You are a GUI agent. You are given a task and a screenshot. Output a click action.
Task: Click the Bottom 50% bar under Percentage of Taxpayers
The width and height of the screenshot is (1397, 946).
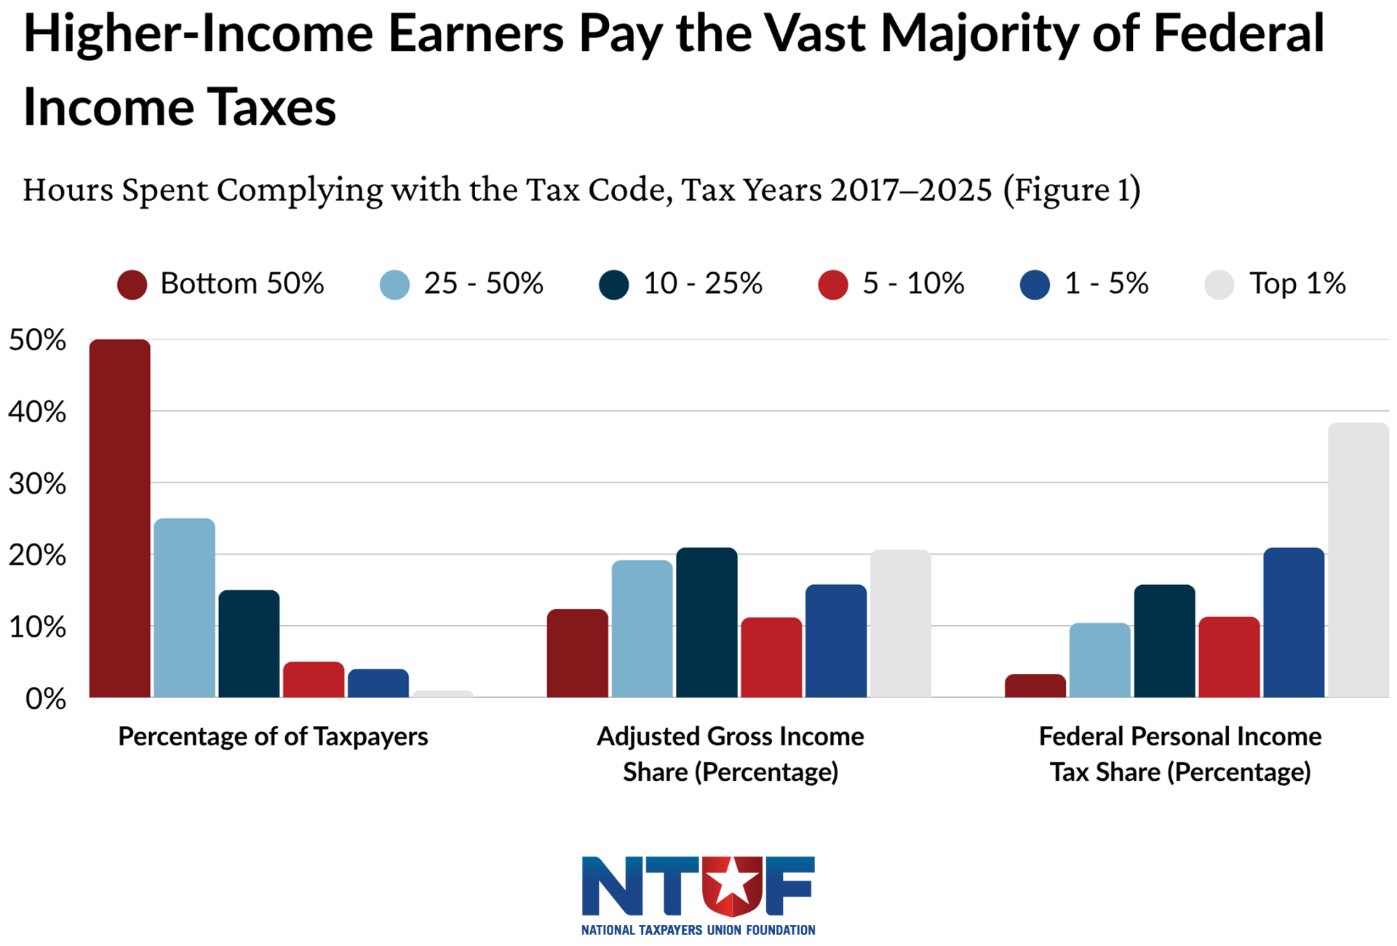point(120,518)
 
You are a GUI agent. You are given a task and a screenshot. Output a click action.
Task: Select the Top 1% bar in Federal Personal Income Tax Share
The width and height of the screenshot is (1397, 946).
point(1358,560)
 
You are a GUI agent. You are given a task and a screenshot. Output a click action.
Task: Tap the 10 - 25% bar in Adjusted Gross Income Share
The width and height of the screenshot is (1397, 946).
point(707,622)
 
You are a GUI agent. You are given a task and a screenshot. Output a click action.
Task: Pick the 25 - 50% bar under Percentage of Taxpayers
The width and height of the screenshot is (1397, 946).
point(185,608)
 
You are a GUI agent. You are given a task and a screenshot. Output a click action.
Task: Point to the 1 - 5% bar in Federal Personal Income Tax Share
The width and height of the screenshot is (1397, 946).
point(1294,622)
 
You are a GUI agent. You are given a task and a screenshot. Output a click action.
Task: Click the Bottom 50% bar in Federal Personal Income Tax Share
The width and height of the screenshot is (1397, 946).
point(1035,685)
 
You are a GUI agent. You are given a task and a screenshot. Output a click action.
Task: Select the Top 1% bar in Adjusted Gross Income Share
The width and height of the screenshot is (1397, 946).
point(901,624)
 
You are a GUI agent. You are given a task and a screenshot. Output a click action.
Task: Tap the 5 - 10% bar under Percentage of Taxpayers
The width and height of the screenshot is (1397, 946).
point(314,680)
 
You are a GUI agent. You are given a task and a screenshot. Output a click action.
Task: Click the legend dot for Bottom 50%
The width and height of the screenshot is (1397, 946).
point(132,285)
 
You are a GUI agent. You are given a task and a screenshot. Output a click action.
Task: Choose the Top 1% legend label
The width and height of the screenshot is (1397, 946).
point(1297,284)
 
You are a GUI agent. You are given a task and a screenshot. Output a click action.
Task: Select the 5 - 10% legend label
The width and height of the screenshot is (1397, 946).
point(913,284)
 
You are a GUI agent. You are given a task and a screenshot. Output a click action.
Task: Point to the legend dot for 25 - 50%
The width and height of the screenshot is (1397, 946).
point(395,285)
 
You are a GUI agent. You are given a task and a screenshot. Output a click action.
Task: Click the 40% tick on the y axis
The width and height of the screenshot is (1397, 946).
point(37,413)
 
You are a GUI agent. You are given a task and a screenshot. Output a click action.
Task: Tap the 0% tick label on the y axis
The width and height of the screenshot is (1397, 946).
point(45,699)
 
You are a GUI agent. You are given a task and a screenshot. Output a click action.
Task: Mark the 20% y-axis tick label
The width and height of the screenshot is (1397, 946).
point(37,556)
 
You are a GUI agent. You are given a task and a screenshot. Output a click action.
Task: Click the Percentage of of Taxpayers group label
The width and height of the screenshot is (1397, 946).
point(273,736)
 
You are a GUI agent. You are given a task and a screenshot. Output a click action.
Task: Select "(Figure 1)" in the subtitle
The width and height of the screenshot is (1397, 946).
point(1072,190)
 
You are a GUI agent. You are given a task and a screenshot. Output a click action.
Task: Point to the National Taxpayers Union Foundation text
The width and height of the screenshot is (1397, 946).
point(698,930)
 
